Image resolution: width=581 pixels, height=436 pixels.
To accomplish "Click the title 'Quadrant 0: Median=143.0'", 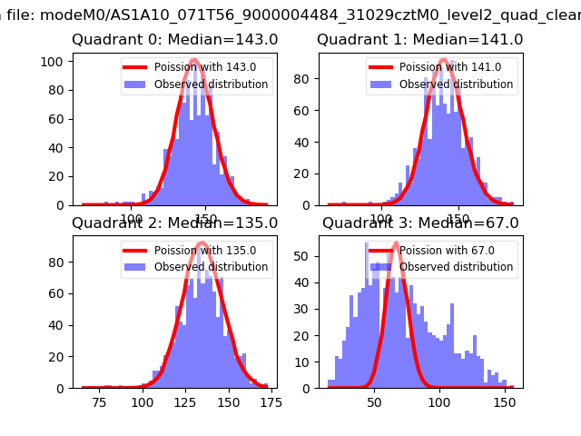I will [x=175, y=40].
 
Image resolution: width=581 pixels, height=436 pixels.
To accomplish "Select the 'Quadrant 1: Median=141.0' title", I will [x=420, y=40].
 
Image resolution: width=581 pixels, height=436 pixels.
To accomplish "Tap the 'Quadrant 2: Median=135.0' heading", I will [x=175, y=223].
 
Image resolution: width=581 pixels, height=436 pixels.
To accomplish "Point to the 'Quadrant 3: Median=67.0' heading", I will [x=420, y=223].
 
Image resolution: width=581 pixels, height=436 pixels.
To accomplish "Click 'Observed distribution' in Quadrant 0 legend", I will [x=211, y=84].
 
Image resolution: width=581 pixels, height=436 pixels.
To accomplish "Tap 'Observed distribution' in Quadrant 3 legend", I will [x=456, y=267].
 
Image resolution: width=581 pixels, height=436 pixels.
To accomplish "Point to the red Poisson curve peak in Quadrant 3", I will [x=396, y=243].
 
